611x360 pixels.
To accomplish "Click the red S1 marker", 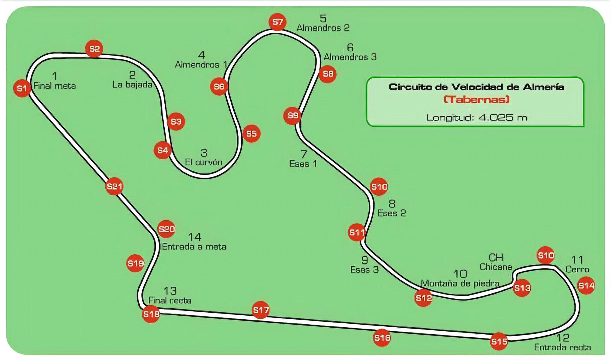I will click(22, 89).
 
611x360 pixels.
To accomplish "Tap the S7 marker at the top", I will click(277, 22).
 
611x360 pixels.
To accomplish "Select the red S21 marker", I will click(114, 186).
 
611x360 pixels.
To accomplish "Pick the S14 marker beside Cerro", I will click(586, 286).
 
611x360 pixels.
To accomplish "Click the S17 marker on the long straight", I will click(261, 310).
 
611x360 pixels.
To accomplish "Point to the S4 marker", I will click(163, 150).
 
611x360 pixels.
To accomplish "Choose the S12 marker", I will click(423, 298).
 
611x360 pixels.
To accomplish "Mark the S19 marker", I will click(135, 263).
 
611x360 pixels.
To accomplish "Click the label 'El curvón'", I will click(203, 162).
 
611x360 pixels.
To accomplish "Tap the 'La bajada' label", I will click(132, 85).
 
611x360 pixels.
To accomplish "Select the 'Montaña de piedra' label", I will click(460, 284).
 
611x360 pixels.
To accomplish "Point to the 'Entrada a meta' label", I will click(194, 247).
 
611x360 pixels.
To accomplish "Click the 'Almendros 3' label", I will click(350, 57).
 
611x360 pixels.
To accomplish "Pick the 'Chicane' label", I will click(496, 267).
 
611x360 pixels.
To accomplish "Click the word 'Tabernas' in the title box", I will click(476, 100).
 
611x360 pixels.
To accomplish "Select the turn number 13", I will click(170, 291).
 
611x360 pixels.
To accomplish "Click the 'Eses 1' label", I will click(303, 164).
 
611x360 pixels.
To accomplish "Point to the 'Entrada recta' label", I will click(562, 347).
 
